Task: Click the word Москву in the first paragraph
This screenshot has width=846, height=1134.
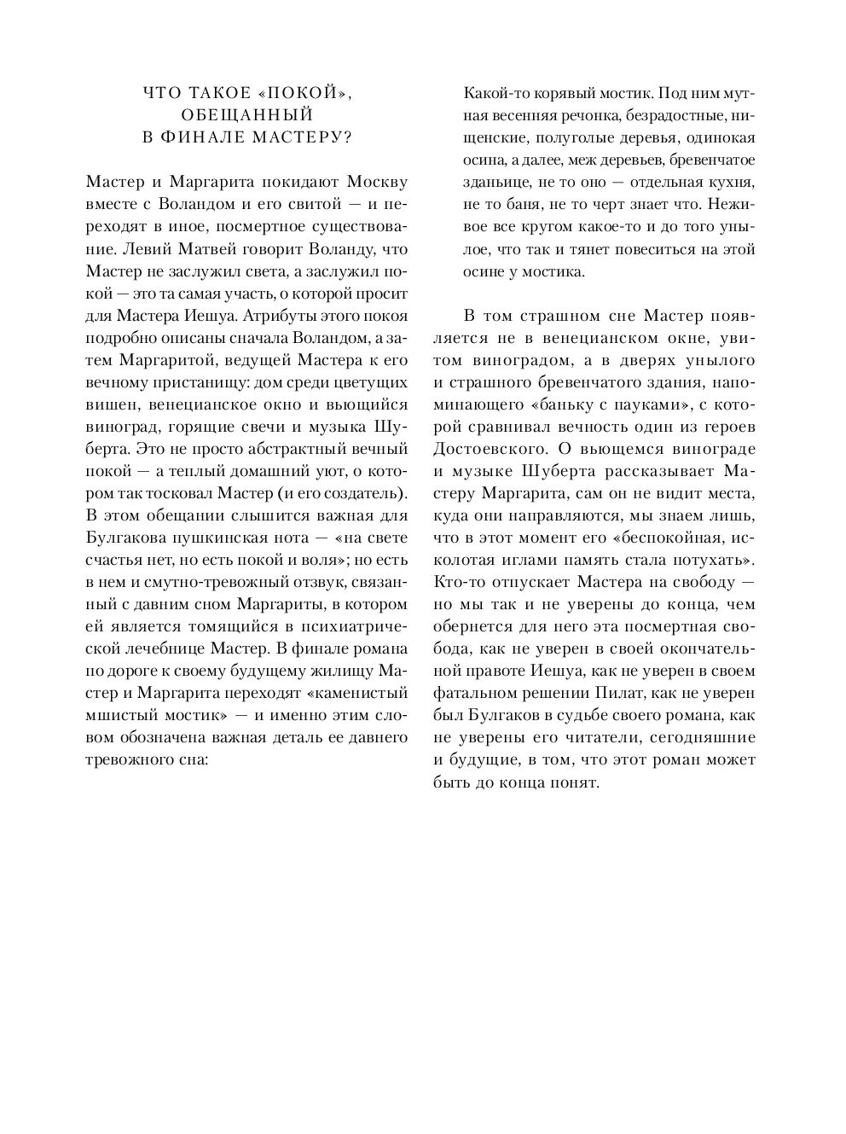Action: coord(376,183)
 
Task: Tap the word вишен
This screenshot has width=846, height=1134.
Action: coord(107,404)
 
